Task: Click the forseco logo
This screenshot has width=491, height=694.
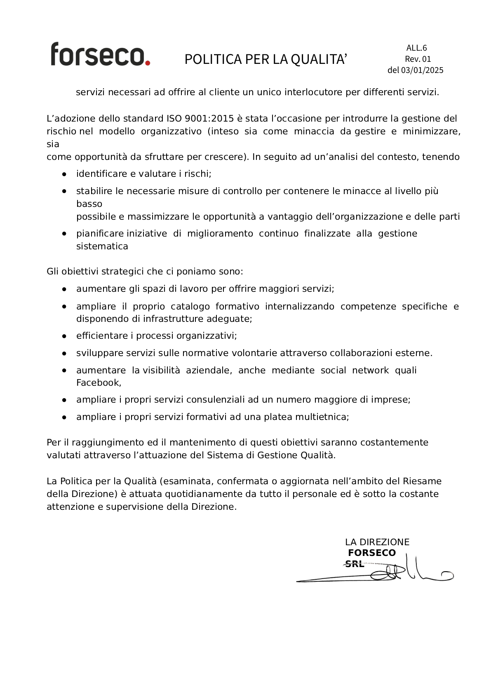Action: coord(100,54)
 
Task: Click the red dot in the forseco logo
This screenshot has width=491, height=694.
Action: coord(147,63)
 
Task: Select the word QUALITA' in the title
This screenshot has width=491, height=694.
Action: coord(319,59)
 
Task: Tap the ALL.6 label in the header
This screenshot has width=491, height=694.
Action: coord(416,48)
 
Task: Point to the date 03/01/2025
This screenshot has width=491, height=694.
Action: coord(422,70)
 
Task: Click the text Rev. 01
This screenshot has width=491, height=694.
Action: coord(418,59)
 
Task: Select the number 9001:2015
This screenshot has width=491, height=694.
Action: coord(209,119)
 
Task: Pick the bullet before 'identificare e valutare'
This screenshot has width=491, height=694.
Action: coord(64,174)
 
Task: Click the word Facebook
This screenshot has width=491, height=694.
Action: coord(98,383)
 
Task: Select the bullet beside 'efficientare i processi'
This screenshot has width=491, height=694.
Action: coord(64,336)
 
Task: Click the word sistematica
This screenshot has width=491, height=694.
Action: coord(102,246)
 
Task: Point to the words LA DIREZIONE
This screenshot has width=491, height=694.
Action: coord(377,542)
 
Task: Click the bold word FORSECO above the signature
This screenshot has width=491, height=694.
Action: coord(371,553)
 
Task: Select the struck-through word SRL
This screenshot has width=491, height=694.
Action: coord(355,564)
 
